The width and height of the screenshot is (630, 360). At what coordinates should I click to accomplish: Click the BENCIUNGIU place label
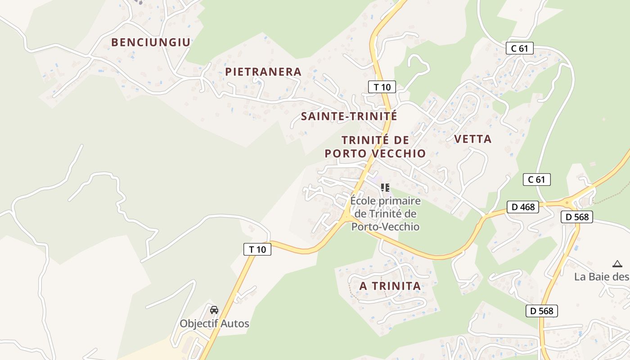tap(151, 42)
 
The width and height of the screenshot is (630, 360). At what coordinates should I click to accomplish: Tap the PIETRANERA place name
tap(263, 72)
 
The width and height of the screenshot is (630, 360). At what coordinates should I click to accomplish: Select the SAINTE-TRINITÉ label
tap(349, 116)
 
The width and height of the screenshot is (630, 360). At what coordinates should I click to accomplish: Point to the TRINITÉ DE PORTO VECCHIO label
tap(375, 147)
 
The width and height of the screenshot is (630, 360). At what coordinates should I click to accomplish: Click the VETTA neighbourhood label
tap(473, 139)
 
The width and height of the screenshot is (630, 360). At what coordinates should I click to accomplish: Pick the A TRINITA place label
tap(390, 286)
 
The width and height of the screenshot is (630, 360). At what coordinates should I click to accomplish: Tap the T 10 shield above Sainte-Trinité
tap(382, 87)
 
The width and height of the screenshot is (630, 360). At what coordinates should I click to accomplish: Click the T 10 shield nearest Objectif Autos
tap(257, 249)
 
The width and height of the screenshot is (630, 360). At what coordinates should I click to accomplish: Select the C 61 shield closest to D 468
tap(536, 180)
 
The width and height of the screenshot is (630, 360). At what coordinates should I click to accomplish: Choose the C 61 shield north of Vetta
tap(519, 48)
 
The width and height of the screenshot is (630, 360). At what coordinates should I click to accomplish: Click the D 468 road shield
tap(523, 207)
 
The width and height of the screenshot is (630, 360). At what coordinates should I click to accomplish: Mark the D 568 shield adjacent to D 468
tap(577, 217)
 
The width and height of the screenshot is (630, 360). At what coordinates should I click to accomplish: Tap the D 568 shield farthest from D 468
tap(542, 310)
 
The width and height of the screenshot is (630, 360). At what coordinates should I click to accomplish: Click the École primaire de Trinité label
tap(385, 214)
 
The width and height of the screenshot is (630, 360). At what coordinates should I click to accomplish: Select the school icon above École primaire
tap(385, 187)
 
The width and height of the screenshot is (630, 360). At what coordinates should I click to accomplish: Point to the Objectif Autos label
tap(214, 324)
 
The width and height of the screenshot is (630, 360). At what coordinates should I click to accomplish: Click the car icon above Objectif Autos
tap(214, 310)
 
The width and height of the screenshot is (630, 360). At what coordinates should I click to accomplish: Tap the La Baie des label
tap(601, 277)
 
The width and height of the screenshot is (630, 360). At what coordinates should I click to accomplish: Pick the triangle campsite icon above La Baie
tap(617, 264)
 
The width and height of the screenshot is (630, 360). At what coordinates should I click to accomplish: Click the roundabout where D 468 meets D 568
tap(568, 203)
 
